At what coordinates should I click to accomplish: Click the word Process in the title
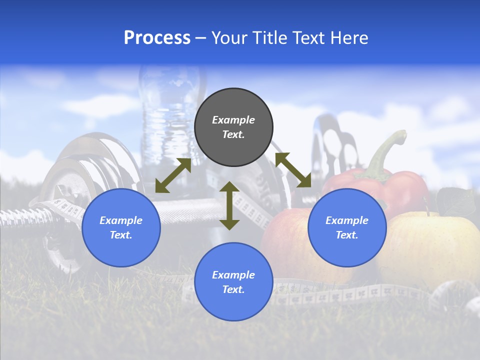157,38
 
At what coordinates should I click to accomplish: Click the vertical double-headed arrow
229,205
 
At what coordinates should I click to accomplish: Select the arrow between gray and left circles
173,175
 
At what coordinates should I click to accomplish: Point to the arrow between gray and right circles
293,170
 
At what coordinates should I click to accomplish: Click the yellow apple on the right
430,245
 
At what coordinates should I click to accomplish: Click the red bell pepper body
400,187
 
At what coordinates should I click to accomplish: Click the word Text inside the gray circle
233,135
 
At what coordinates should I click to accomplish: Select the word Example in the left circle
121,220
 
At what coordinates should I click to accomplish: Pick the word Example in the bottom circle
233,275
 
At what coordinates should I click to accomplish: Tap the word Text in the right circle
346,235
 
